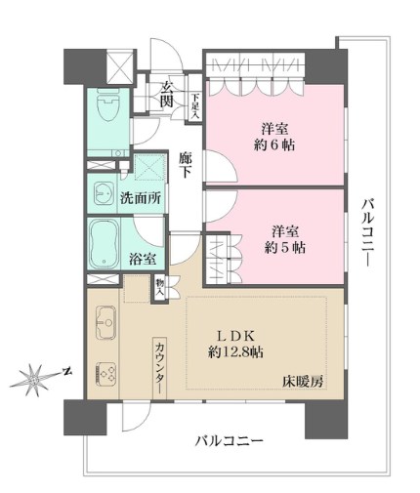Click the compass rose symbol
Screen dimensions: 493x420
pyautogui.click(x=37, y=375)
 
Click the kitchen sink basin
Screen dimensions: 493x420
pyautogui.click(x=105, y=319)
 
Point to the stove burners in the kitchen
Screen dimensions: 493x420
pyautogui.click(x=105, y=374)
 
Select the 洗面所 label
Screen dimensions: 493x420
pyautogui.click(x=141, y=195)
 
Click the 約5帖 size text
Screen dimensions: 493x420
pyautogui.click(x=284, y=249)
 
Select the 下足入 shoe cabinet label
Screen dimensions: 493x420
pyautogui.click(x=196, y=103)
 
